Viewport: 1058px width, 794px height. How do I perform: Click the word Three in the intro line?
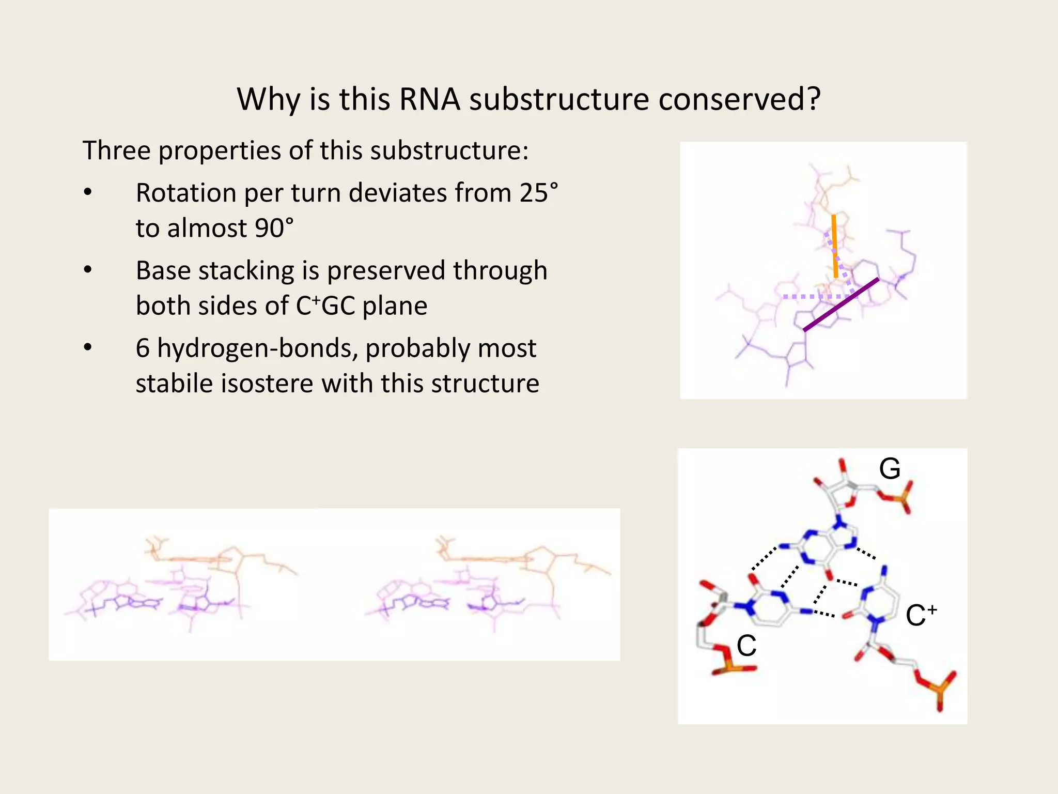coord(117,150)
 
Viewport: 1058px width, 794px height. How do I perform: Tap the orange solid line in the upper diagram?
coord(834,246)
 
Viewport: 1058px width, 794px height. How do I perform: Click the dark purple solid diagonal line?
coord(841,304)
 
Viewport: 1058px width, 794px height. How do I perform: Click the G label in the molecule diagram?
coord(890,469)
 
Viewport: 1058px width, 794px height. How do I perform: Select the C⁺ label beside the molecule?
coord(920,615)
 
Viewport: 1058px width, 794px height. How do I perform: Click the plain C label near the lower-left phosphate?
coord(746,646)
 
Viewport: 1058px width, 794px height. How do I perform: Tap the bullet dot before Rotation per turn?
coord(88,193)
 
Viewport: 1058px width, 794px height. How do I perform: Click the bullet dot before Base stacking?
coord(88,270)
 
